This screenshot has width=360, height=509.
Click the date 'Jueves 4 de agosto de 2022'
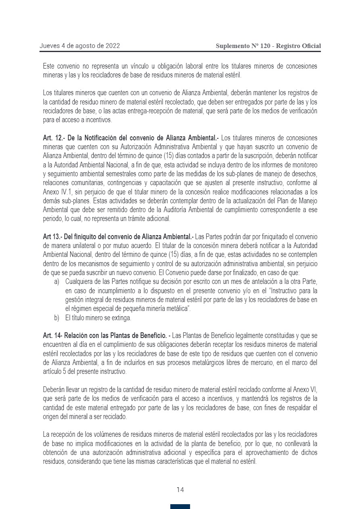[x=80, y=46]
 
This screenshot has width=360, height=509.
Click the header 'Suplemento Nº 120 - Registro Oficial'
[x=268, y=46]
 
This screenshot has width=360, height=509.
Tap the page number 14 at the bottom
[x=180, y=490]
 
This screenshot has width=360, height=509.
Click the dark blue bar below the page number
[x=180, y=507]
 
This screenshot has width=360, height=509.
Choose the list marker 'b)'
[x=57, y=318]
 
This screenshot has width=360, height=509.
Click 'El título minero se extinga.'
[x=98, y=318]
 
